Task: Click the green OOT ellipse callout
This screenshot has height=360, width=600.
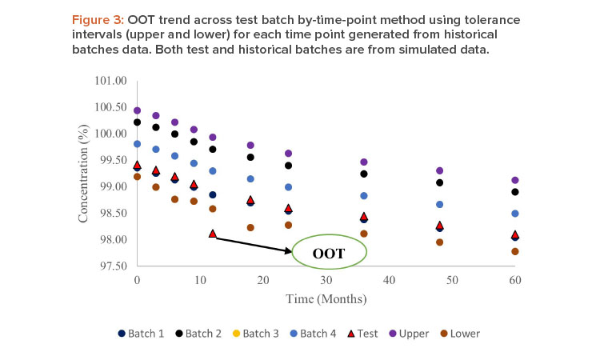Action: (x=329, y=253)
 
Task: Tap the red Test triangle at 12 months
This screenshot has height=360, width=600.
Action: (x=213, y=233)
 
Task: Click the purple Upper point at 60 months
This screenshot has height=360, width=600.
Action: (x=515, y=180)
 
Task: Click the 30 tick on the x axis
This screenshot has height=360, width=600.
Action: (x=326, y=279)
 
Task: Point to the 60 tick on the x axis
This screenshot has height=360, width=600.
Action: (x=514, y=279)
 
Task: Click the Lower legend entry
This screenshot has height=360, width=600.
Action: (x=469, y=333)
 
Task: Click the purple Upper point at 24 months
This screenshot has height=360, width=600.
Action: (x=288, y=153)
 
